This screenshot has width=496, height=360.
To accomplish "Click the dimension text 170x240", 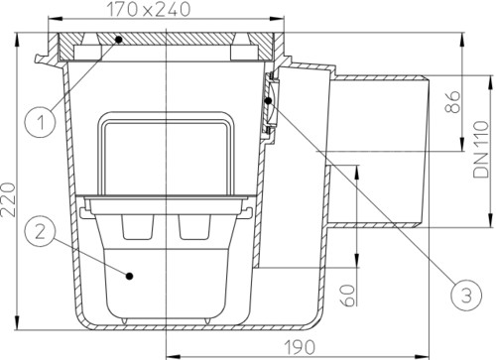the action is pyautogui.click(x=149, y=9).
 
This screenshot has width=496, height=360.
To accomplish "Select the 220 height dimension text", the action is pyautogui.click(x=9, y=199).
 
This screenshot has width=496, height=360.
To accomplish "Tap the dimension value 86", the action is pyautogui.click(x=452, y=102).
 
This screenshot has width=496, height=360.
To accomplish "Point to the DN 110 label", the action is pyautogui.click(x=481, y=150).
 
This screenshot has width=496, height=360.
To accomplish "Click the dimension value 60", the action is pyautogui.click(x=347, y=295).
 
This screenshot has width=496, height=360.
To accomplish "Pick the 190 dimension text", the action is pyautogui.click(x=300, y=347).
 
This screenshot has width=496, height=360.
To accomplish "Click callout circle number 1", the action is pyautogui.click(x=41, y=122).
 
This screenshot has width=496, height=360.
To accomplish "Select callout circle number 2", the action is pyautogui.click(x=40, y=231).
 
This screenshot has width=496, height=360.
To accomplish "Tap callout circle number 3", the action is pyautogui.click(x=466, y=296).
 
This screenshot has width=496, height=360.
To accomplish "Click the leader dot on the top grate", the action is pyautogui.click(x=118, y=40).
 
